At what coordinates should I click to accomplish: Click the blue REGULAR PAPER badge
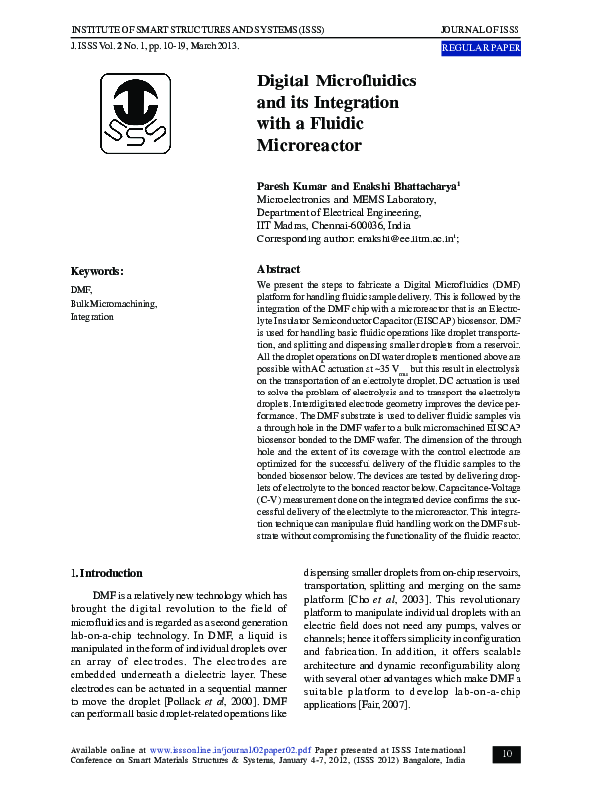click(481, 48)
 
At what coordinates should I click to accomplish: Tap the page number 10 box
click(507, 754)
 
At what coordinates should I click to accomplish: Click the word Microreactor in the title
click(309, 145)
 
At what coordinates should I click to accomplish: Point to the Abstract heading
click(278, 269)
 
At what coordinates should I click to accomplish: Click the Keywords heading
click(96, 271)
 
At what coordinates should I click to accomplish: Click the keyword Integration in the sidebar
click(91, 317)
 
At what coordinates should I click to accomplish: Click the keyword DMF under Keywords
click(81, 289)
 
